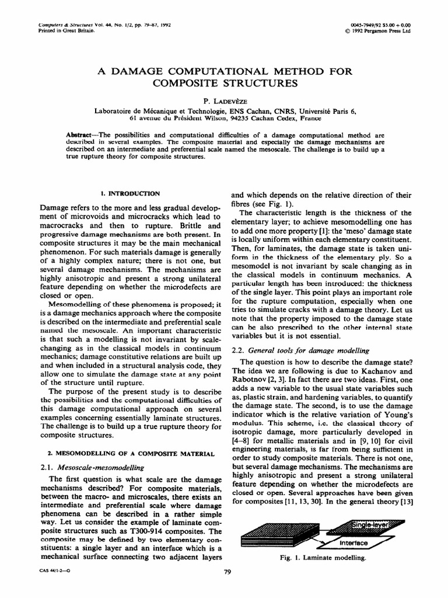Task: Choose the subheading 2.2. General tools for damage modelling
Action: [301, 350]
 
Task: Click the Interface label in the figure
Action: [353, 543]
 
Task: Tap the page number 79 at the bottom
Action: [228, 572]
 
